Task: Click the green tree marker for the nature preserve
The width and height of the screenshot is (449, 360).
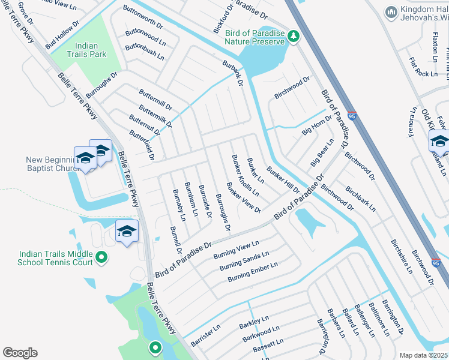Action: pos(294,37)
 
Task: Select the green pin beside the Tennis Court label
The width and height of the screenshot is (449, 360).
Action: pos(101,258)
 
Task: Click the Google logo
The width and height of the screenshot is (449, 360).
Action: pos(20,353)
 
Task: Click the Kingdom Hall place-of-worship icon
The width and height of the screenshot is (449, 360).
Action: pos(391,11)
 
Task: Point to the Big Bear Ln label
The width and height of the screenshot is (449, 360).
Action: pos(322,153)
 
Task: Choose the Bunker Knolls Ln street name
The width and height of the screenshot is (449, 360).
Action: pos(245,175)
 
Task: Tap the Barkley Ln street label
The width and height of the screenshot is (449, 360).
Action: pos(255,323)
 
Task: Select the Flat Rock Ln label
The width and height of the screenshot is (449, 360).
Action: pos(423,67)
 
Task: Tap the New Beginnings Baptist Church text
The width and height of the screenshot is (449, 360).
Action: pos(51,164)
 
